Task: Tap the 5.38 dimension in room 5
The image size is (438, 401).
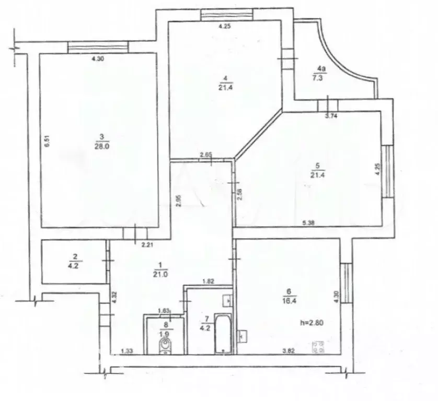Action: coord(310,223)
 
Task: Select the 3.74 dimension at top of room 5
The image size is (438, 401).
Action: coord(330,116)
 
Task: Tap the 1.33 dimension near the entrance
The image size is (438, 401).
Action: coord(126,351)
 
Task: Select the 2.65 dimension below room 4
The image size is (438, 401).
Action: coord(206,155)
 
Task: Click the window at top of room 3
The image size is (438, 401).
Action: coord(98,48)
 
